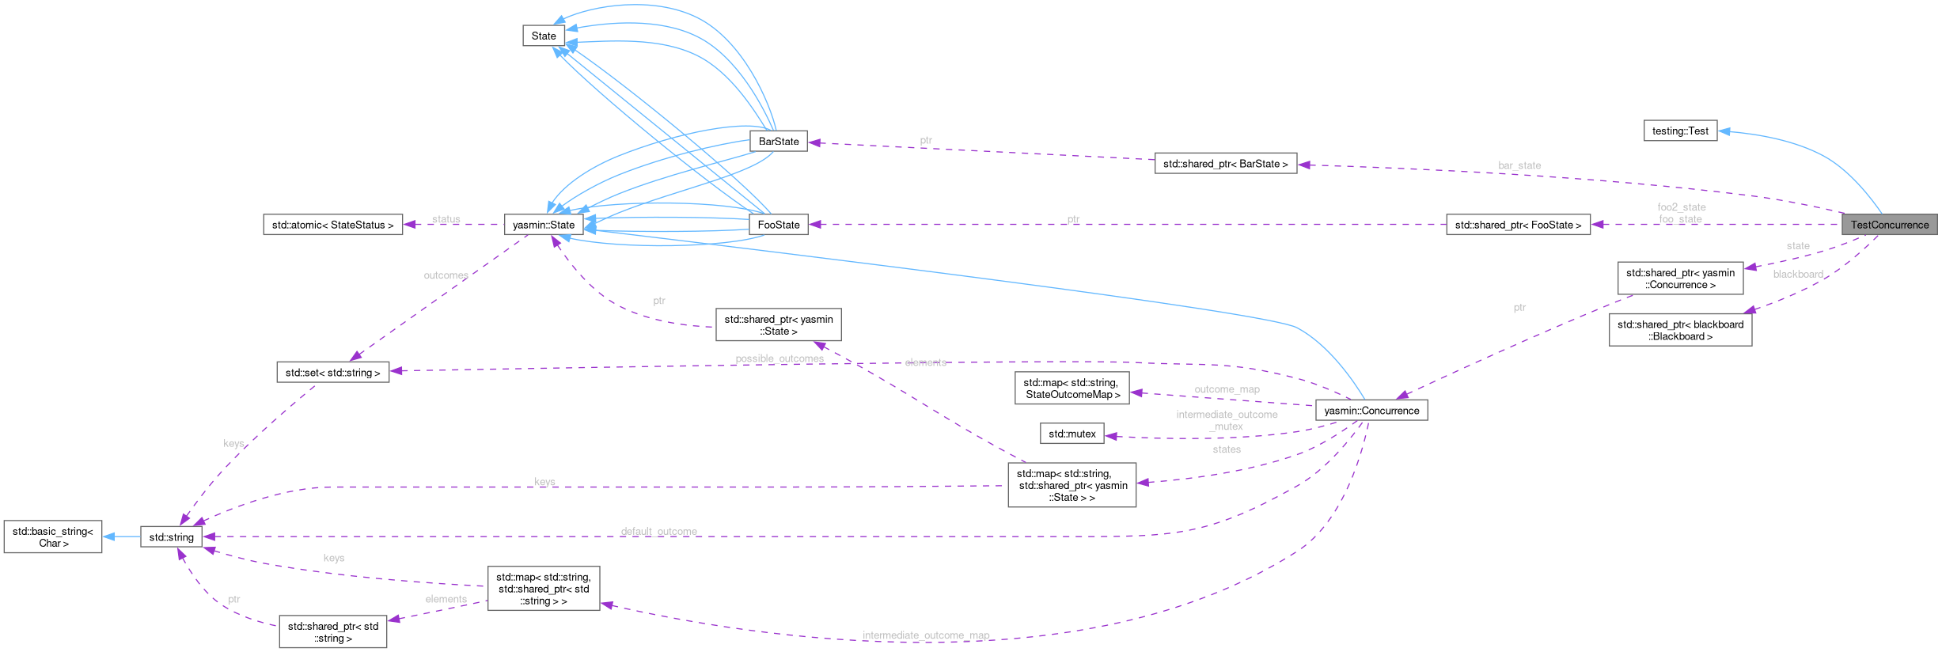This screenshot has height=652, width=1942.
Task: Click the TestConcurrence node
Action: pos(1889,225)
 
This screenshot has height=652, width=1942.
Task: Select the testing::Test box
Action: pos(1680,131)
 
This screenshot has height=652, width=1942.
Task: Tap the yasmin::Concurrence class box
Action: pos(1371,411)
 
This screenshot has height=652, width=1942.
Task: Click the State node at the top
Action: pos(544,36)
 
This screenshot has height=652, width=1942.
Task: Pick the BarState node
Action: pos(779,142)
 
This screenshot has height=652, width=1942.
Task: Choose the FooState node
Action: pos(779,225)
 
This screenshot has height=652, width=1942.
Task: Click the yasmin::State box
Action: pos(544,225)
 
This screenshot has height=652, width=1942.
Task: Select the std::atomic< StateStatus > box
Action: pos(332,225)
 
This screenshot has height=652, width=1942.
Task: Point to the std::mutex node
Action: pos(1072,434)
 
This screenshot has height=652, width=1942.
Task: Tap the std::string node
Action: pos(171,537)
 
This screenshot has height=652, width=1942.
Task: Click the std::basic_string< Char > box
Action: pos(53,537)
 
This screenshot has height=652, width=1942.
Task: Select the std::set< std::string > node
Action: pos(332,373)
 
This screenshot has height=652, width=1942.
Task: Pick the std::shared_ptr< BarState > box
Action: pos(1225,164)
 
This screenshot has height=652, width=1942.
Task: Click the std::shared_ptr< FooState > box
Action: pos(1518,225)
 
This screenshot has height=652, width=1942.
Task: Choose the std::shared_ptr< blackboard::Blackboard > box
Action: pos(1680,330)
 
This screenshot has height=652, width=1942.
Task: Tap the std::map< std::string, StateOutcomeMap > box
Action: pos(1072,389)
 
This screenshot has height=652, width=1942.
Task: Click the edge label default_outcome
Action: pos(658,531)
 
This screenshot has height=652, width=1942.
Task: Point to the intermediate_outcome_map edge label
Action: pos(925,635)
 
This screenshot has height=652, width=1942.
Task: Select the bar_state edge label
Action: pos(1519,165)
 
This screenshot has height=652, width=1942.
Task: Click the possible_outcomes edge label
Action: pos(779,358)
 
